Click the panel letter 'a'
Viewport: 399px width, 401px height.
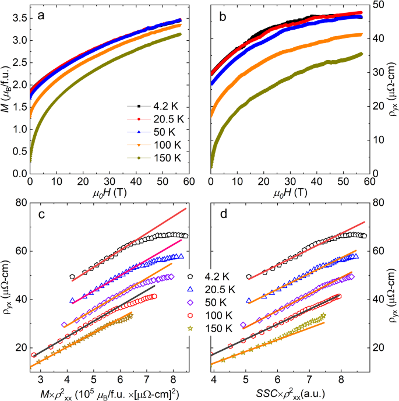pos(42,17)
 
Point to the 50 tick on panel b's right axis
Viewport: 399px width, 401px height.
pos(376,5)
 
